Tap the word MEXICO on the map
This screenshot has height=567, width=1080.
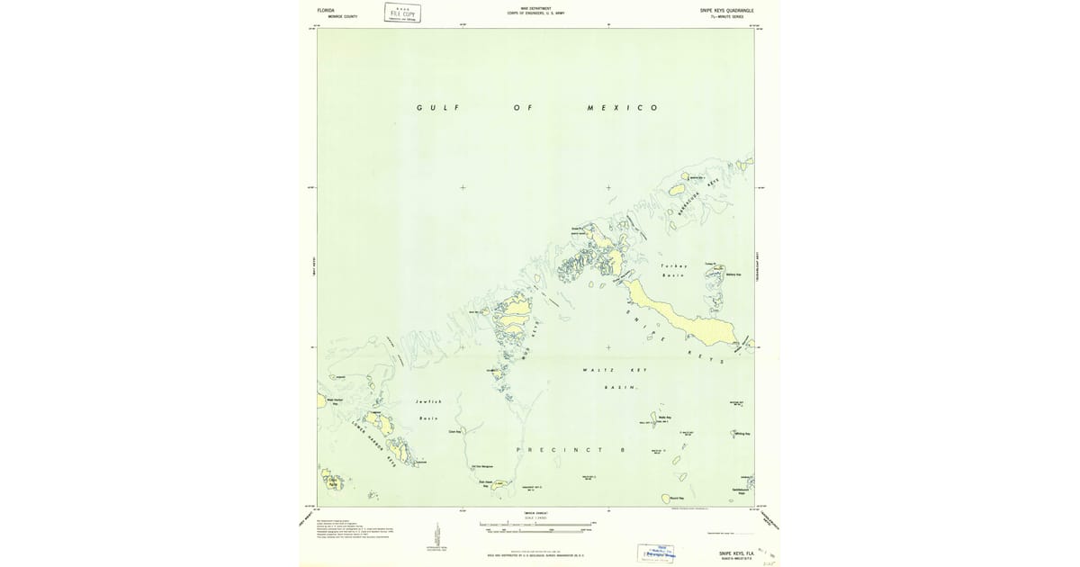click(x=622, y=108)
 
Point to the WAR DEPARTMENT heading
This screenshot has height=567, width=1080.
click(x=536, y=7)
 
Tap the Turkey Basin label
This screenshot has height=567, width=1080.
click(x=674, y=270)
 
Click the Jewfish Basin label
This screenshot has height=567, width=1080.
click(x=428, y=409)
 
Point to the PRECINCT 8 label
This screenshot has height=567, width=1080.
click(x=571, y=448)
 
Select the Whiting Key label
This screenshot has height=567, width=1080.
click(x=742, y=434)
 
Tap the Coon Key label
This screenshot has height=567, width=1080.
click(x=454, y=432)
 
